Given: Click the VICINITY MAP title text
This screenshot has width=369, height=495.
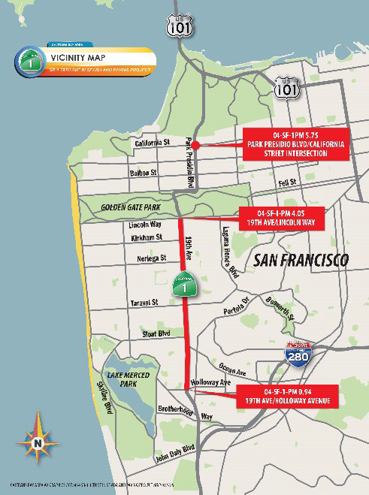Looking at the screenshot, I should (x=78, y=57).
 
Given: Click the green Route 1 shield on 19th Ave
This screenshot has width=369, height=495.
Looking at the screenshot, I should (x=184, y=286).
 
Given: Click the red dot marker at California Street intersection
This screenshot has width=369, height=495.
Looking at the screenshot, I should (x=194, y=144).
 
